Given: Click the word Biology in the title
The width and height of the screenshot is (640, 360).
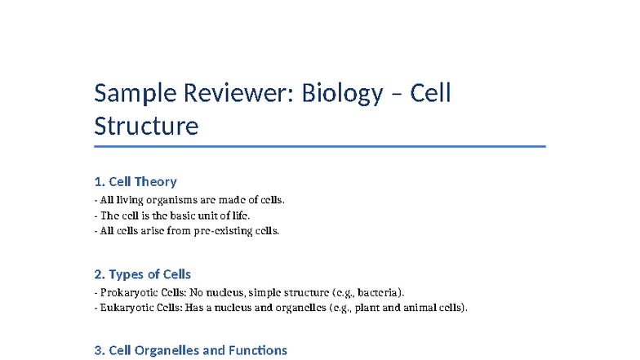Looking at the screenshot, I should (x=342, y=95).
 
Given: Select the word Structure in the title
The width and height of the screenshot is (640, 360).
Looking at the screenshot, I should (x=146, y=127).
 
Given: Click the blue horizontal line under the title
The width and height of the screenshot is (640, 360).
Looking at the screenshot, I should (x=320, y=147).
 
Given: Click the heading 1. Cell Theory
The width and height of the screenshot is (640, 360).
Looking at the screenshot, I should (x=136, y=181).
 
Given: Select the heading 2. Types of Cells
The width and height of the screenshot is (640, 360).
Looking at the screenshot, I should (x=143, y=274).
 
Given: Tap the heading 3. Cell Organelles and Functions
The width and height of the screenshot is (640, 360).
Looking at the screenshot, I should (x=191, y=350).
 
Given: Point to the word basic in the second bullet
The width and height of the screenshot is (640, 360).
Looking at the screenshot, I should (x=183, y=216).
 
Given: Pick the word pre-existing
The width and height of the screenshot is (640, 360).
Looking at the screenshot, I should (x=223, y=231).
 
